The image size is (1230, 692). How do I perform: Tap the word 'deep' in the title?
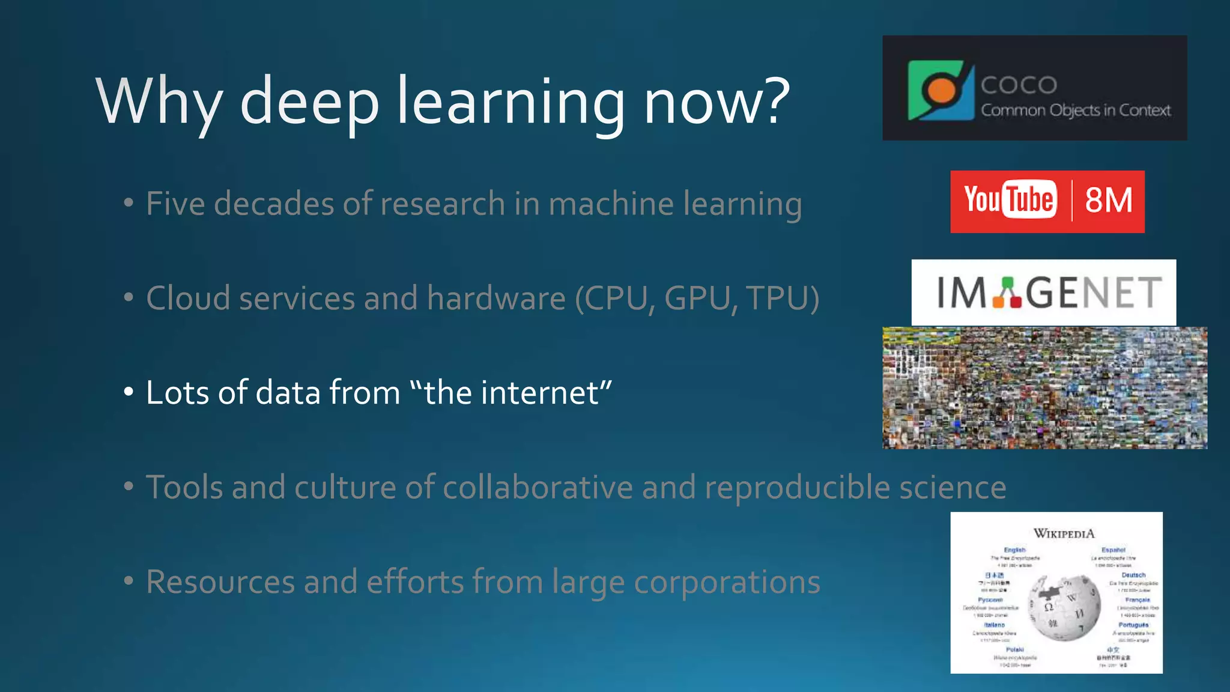click(309, 102)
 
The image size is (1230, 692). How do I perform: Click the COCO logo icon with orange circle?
click(941, 90)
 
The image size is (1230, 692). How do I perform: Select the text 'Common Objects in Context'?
click(1076, 111)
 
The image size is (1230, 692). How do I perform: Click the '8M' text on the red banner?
click(1109, 200)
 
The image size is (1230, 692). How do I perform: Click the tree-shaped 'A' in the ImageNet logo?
click(1007, 293)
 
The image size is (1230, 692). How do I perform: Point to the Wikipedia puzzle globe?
click(1064, 608)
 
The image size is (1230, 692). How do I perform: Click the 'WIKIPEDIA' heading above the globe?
click(1064, 533)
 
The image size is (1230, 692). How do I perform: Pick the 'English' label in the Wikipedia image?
click(1014, 550)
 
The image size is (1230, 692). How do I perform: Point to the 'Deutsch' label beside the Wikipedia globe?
click(1133, 575)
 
